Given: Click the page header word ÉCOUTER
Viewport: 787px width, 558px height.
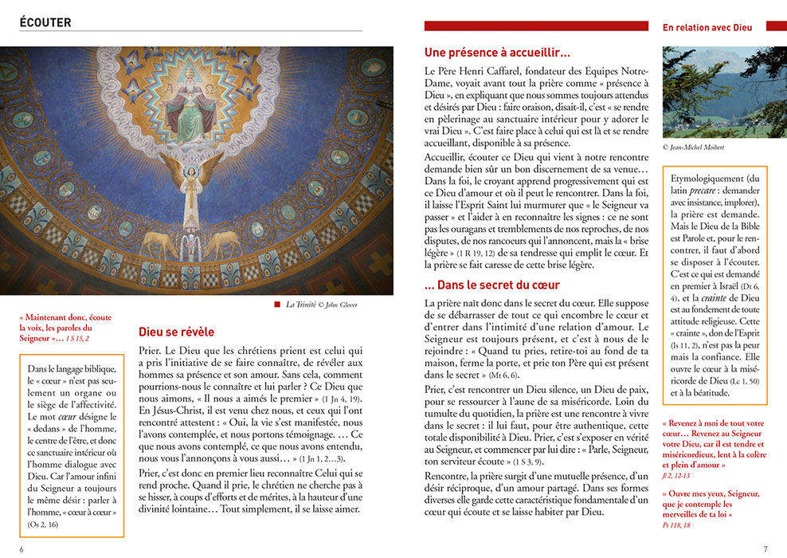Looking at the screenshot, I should pos(45,23).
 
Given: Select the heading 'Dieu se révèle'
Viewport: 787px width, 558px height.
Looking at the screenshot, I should pos(176,332).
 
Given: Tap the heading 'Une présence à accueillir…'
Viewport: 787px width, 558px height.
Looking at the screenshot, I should pos(497,53).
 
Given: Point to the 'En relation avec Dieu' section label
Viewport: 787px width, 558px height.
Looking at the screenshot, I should pos(707,27).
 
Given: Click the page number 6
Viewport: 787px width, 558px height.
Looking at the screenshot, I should pos(22,548).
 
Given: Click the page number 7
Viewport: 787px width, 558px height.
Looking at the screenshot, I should pos(765,548).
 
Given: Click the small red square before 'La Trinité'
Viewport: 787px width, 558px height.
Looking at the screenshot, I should pos(277,304).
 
